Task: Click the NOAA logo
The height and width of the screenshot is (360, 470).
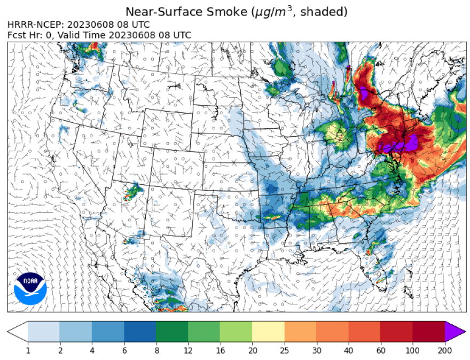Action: tap(30, 288)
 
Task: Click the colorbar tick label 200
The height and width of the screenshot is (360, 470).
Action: tap(445, 350)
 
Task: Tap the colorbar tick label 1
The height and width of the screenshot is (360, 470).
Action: tap(28, 350)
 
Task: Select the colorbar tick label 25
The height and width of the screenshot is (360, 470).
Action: tap(285, 350)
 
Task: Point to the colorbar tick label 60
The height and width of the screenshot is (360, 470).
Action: tap(381, 350)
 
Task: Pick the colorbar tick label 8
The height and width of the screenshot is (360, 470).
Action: tap(156, 350)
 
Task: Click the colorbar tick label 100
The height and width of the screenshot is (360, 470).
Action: tap(413, 350)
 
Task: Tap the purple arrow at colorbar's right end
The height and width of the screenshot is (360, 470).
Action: tap(455, 332)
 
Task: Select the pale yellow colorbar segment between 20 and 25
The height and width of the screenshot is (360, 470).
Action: tap(268, 332)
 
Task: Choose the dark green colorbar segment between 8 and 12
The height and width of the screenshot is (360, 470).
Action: tap(172, 332)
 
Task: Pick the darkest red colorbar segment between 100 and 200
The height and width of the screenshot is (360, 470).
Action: tap(429, 332)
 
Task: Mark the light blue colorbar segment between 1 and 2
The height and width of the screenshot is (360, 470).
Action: tap(44, 332)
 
